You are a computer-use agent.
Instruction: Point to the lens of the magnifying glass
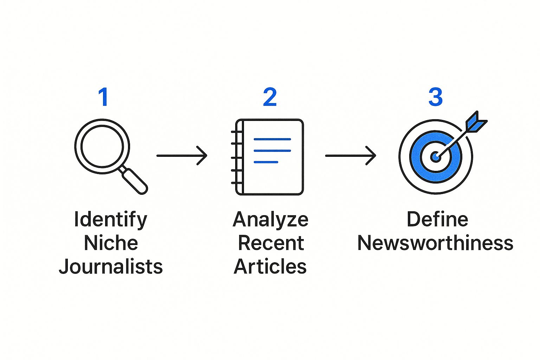[x=102, y=146]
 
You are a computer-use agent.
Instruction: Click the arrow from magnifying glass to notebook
[x=181, y=155]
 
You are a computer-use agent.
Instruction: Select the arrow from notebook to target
[x=350, y=155]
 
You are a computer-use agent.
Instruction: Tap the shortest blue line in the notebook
[x=266, y=162]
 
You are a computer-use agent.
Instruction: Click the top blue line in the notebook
[x=272, y=139]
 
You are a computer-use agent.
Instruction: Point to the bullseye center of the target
[x=435, y=157]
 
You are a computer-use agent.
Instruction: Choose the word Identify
[x=110, y=220]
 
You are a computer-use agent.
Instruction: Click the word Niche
[x=111, y=243]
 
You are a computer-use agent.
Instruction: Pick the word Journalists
[x=111, y=266]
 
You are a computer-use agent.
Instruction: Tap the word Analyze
[x=270, y=220]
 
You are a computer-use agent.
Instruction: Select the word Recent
[x=271, y=243]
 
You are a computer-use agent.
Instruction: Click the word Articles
[x=270, y=266]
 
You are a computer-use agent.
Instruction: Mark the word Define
[x=437, y=220]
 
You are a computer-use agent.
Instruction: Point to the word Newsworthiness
[x=435, y=243]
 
